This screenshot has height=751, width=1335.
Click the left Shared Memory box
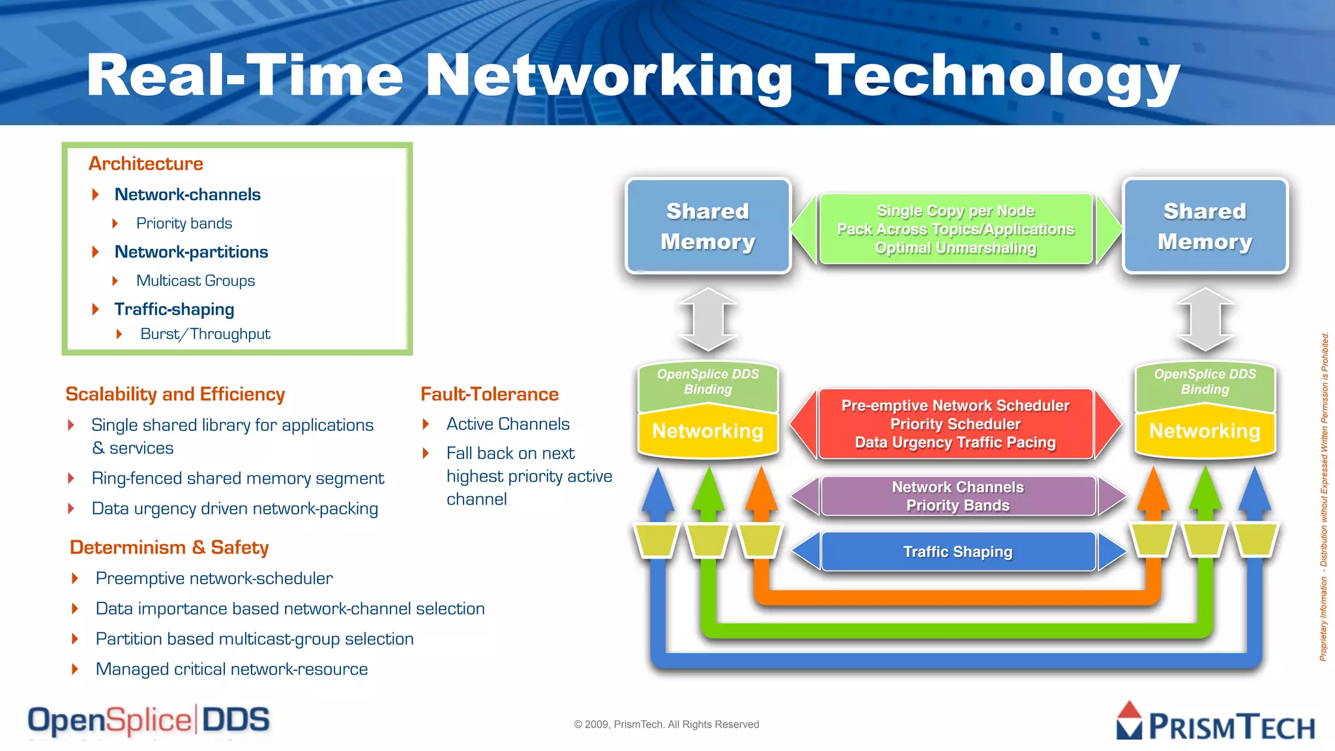[x=708, y=226]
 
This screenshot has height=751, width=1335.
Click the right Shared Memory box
[x=1205, y=226]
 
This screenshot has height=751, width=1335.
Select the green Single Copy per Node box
[x=956, y=229]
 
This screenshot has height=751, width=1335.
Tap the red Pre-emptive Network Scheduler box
[x=956, y=424]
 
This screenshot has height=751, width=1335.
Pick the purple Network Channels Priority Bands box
[x=958, y=496]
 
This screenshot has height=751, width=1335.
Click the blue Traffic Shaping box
[x=958, y=552]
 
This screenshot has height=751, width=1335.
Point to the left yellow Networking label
[x=708, y=431]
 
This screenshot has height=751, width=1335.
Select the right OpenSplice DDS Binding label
[x=1205, y=382]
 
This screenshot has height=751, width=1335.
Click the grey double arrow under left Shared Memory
[x=708, y=319]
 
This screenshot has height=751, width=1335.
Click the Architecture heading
[x=146, y=164]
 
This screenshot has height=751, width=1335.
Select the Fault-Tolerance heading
[x=490, y=394]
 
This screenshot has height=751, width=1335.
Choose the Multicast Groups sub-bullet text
[x=196, y=281]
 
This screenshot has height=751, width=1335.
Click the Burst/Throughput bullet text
[x=205, y=334]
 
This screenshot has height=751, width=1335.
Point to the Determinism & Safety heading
[x=169, y=548]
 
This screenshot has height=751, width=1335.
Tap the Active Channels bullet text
[x=508, y=424]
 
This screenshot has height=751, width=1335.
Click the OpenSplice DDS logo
[x=149, y=721]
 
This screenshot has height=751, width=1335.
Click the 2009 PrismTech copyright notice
[x=666, y=724]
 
